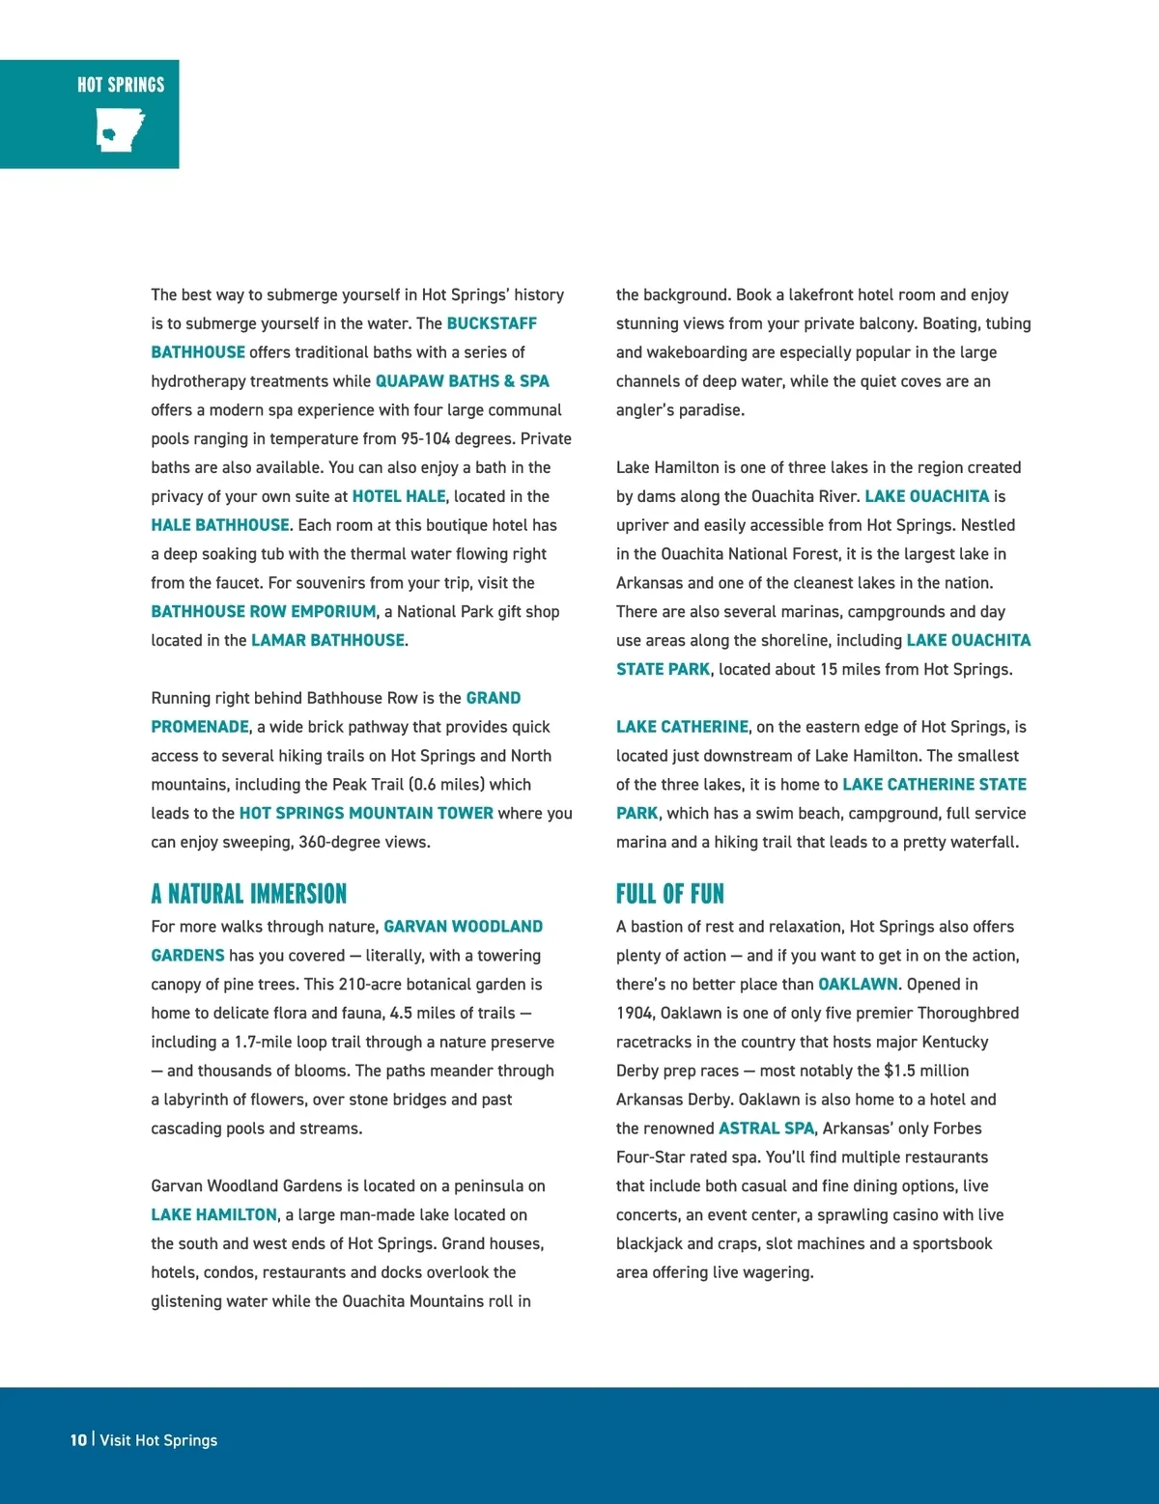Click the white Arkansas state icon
(120, 129)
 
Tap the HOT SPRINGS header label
(121, 85)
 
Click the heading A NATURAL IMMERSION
(248, 894)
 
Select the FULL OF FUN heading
(669, 894)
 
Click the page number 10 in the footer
(78, 1439)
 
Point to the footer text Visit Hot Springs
(158, 1439)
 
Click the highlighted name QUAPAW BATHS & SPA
(462, 381)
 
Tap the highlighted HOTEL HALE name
(399, 496)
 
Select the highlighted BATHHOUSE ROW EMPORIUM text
(263, 611)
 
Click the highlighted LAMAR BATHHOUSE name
(327, 640)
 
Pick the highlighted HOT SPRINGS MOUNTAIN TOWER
(366, 813)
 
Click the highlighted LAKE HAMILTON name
(213, 1214)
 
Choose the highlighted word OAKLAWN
(858, 984)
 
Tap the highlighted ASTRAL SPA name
(766, 1128)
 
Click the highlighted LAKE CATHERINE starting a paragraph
(682, 727)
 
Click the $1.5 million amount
(926, 1071)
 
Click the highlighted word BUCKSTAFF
(491, 323)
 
